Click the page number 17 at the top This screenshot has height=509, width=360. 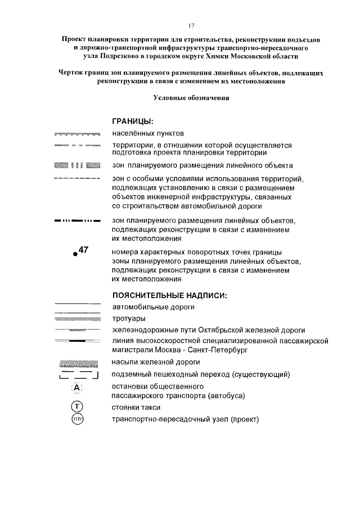[191, 26]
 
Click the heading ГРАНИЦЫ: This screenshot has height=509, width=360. [133, 121]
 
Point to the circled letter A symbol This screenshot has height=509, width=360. [76, 388]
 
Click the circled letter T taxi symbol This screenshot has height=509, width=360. [76, 407]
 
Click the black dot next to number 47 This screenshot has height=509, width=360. [75, 255]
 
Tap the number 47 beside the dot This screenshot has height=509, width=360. [83, 250]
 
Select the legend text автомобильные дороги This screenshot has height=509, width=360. [154, 307]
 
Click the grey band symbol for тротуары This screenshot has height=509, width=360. [76, 319]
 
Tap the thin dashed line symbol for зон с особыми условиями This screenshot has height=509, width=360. [76, 178]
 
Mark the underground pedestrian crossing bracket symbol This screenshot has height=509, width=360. [76, 375]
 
